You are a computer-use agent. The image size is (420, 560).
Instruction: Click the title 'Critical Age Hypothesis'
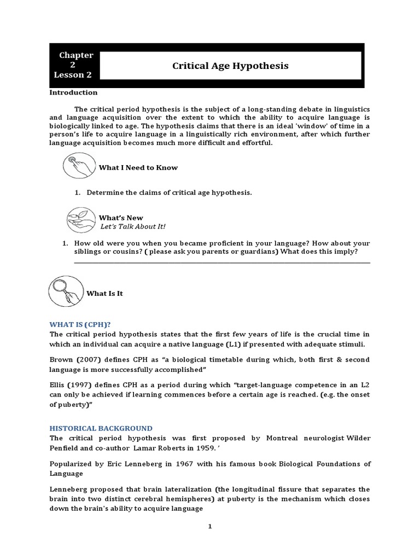click(230, 66)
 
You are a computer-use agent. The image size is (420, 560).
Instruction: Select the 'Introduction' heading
click(73, 92)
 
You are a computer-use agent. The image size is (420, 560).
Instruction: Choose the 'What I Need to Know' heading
click(138, 167)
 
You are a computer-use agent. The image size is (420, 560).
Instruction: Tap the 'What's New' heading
click(121, 218)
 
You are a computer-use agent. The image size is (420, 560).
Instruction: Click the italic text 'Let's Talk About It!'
click(132, 226)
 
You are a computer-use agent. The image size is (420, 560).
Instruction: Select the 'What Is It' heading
click(104, 293)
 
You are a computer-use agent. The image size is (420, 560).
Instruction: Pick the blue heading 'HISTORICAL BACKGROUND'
click(101, 428)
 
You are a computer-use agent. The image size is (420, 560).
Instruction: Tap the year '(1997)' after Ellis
click(81, 385)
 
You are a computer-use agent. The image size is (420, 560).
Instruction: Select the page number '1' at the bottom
click(209, 526)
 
